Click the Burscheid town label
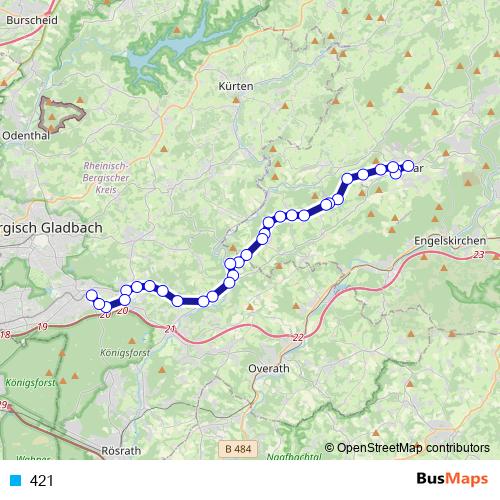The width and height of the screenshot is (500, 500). pyautogui.click(x=31, y=19)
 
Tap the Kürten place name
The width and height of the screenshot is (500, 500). pyautogui.click(x=235, y=87)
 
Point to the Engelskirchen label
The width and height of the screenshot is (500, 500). pyautogui.click(x=450, y=241)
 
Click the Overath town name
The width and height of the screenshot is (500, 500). pyautogui.click(x=268, y=368)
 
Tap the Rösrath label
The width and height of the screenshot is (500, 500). pyautogui.click(x=121, y=451)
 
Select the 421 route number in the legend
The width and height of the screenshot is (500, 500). pyautogui.click(x=42, y=481)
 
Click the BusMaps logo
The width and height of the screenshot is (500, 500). pyautogui.click(x=451, y=480)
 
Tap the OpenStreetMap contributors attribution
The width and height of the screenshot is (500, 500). pyautogui.click(x=413, y=448)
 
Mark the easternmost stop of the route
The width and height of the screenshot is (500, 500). pyautogui.click(x=408, y=166)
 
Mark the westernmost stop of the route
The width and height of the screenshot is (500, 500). pyautogui.click(x=91, y=295)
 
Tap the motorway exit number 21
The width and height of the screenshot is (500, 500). pyautogui.click(x=170, y=329)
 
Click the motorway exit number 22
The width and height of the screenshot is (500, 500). pyautogui.click(x=298, y=339)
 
